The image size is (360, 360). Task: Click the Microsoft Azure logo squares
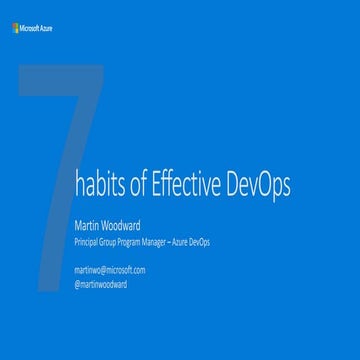[14, 28]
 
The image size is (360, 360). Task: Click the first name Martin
[90, 225]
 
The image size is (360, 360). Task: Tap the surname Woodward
[131, 225]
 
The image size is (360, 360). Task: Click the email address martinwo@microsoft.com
[109, 270]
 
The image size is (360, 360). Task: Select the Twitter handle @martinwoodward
[100, 284]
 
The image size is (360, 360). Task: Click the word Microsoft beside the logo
[28, 28]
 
